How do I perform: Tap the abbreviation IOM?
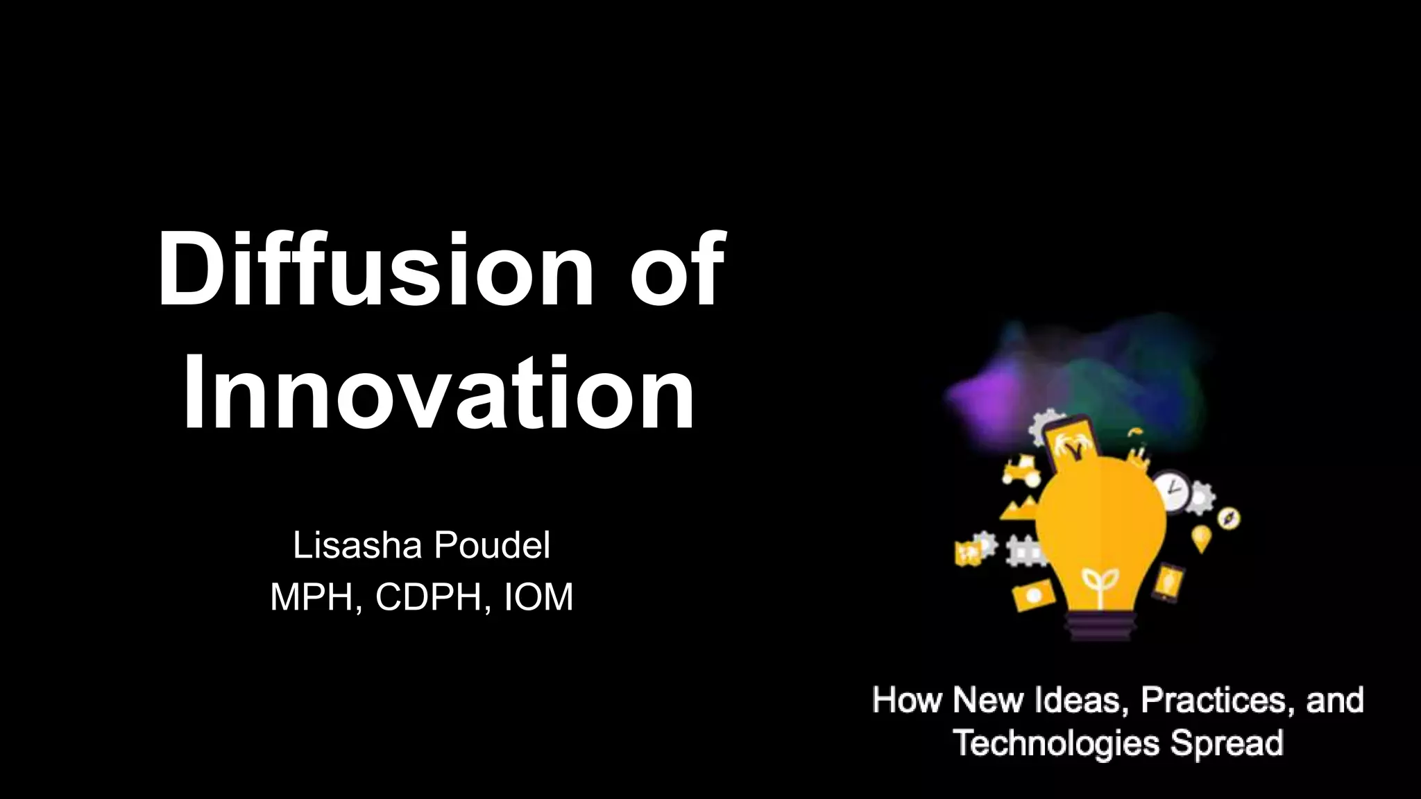click(538, 597)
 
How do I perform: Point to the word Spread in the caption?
click(1227, 743)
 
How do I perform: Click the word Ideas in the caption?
click(1082, 700)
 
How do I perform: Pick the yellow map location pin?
click(1202, 538)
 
